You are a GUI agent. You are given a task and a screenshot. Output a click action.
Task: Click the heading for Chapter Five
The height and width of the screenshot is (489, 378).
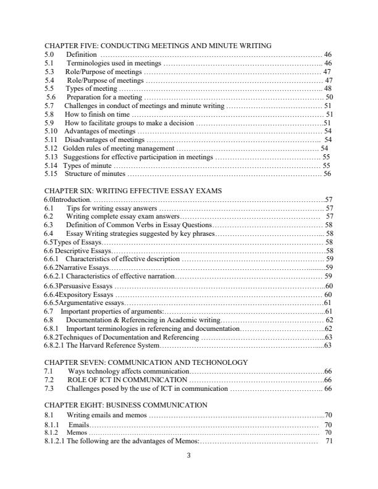[x=158, y=46]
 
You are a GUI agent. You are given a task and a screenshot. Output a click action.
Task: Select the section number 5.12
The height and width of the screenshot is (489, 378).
[x=51, y=149]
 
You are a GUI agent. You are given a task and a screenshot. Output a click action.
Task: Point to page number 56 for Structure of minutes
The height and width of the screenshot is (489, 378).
[x=327, y=174]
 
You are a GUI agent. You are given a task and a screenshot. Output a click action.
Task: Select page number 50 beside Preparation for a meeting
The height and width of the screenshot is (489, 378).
[x=329, y=97]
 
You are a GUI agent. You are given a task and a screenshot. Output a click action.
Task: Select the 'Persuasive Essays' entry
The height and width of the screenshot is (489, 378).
[x=86, y=286]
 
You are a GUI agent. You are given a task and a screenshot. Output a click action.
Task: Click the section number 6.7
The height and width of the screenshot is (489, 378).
[x=49, y=312]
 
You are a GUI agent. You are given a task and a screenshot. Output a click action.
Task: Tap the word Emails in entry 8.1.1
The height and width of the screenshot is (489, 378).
[x=78, y=425]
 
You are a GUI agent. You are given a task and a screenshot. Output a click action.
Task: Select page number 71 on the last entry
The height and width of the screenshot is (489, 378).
[x=329, y=442]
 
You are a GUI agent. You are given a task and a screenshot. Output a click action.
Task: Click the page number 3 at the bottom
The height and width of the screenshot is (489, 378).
[x=189, y=456]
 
